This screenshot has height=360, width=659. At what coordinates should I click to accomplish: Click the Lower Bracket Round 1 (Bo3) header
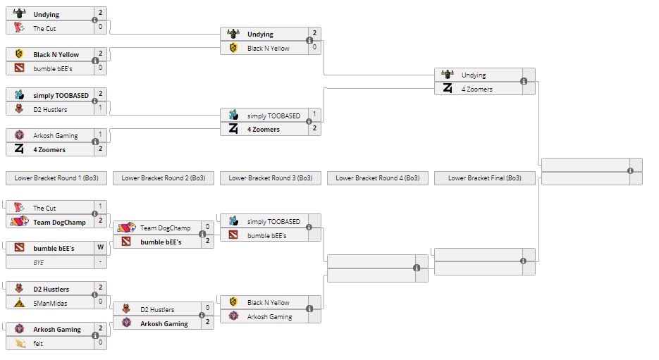tap(56, 178)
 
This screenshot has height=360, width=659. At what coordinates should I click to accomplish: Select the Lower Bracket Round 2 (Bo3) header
tap(163, 178)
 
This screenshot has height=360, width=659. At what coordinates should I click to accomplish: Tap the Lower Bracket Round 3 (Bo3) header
tap(270, 178)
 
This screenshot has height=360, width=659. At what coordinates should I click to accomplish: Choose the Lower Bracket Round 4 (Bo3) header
tap(377, 178)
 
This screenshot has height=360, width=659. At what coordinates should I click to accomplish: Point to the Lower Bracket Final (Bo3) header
tap(484, 178)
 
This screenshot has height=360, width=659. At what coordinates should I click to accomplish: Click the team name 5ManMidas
tap(48, 303)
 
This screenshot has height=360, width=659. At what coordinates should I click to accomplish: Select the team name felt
tap(38, 343)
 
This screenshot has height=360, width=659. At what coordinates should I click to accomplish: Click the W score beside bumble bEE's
tap(100, 248)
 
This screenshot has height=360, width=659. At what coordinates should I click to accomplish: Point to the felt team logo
tap(19, 343)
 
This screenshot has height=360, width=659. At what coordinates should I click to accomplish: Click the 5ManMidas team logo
tap(19, 303)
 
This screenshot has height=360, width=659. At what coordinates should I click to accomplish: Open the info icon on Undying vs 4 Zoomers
tap(524, 82)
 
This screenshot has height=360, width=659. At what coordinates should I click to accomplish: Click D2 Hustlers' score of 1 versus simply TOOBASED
tap(100, 108)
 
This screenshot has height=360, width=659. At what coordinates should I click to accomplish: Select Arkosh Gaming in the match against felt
tap(57, 329)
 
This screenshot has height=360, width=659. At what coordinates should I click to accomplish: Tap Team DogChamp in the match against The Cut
tap(59, 222)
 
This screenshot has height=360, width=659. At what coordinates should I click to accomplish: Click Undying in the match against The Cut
tap(47, 14)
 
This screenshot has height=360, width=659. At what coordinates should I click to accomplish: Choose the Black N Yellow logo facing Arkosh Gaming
tap(233, 303)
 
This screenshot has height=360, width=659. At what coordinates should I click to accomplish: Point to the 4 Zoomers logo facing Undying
tap(448, 89)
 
